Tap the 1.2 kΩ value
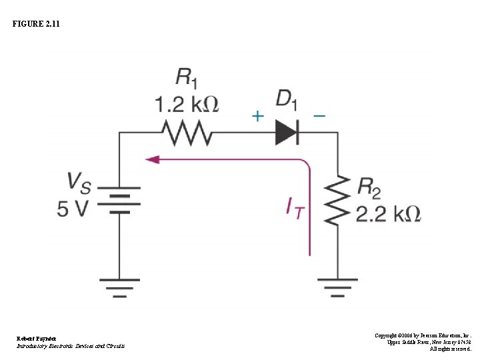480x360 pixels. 187,104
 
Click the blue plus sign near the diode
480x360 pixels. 257,116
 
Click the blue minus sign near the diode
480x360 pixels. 319,115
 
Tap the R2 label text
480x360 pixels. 370,187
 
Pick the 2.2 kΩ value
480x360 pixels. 388,213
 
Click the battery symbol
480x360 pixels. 120,199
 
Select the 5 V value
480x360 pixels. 73,209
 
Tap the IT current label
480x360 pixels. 295,209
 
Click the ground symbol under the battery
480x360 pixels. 120,287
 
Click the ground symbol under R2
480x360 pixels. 339,287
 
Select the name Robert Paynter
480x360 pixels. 37,339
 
